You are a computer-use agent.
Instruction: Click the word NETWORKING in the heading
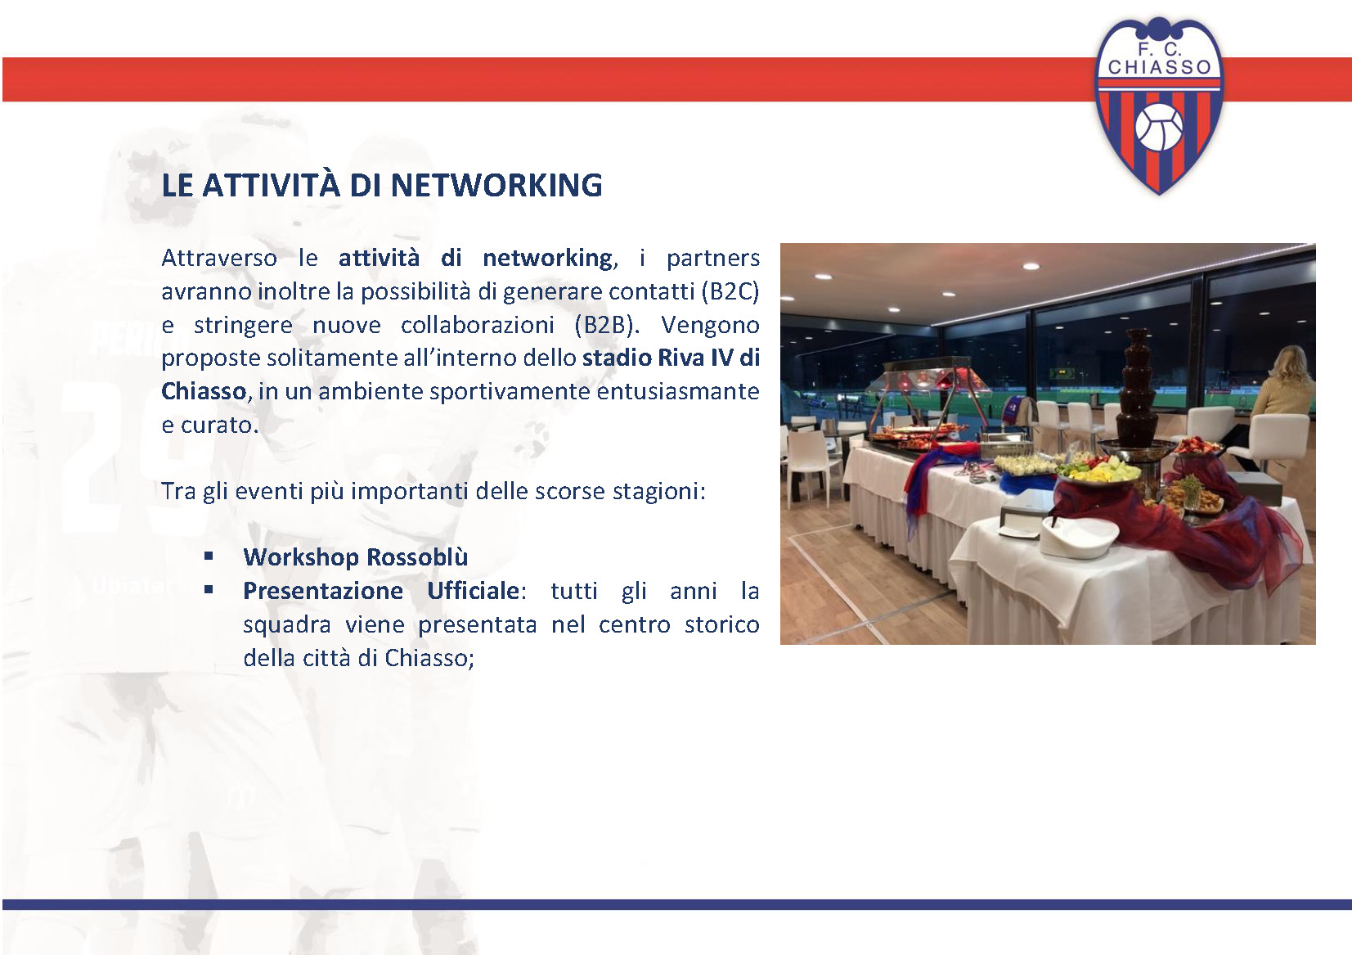[x=496, y=185]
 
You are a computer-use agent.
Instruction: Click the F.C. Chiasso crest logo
[x=1159, y=106]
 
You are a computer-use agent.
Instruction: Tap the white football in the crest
[x=1159, y=127]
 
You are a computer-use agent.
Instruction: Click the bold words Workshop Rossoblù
[x=356, y=557]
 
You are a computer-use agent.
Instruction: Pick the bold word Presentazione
[x=323, y=591]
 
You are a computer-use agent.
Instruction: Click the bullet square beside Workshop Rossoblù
[x=209, y=556]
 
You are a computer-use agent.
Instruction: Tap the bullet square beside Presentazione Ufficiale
[x=209, y=590]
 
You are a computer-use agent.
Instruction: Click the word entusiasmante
[x=678, y=391]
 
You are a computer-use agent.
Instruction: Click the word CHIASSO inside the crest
[x=1160, y=67]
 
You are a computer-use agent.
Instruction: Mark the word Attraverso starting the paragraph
[x=219, y=259]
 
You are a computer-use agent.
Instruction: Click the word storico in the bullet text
[x=722, y=624]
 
